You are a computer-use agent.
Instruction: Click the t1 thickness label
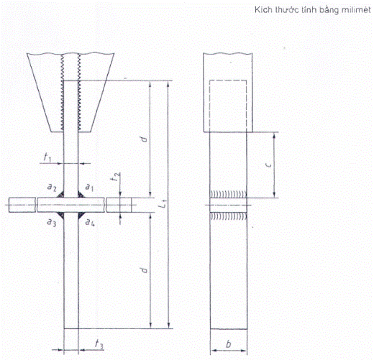[x=47, y=157]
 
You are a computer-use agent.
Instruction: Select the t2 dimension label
[x=117, y=177]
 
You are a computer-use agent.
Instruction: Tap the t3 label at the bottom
[x=99, y=344]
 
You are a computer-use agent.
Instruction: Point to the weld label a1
[x=89, y=187]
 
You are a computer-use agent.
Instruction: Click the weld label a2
[x=52, y=187]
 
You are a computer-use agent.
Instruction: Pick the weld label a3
[x=51, y=223]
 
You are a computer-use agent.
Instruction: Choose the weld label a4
[x=90, y=223]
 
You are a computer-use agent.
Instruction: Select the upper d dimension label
[x=144, y=139]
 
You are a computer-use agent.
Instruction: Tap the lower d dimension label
[x=144, y=270]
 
